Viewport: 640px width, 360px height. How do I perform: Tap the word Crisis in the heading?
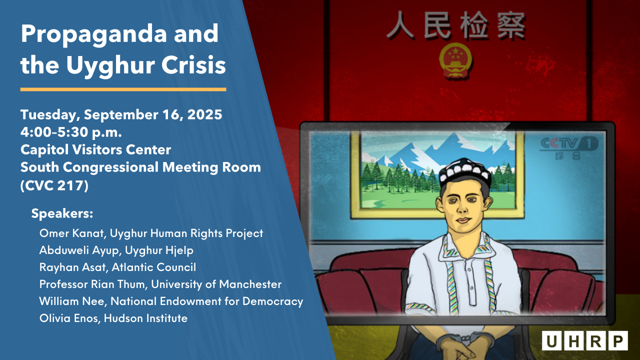(x=193, y=65)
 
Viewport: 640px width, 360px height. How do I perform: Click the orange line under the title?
(x=123, y=89)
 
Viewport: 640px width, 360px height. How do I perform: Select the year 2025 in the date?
(x=204, y=114)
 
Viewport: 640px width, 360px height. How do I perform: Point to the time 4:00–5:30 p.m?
(x=71, y=132)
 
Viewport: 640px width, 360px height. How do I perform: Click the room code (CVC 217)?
(x=54, y=185)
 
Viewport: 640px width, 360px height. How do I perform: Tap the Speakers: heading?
(x=62, y=213)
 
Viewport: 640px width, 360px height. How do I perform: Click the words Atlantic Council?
(x=153, y=267)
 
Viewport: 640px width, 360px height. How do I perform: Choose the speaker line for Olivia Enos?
(x=113, y=318)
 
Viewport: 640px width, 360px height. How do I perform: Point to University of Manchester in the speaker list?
(x=216, y=284)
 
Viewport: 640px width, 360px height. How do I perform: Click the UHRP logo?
(x=585, y=340)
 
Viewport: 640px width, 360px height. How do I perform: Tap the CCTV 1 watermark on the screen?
(x=568, y=147)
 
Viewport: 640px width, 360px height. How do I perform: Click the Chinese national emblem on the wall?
(x=455, y=61)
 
